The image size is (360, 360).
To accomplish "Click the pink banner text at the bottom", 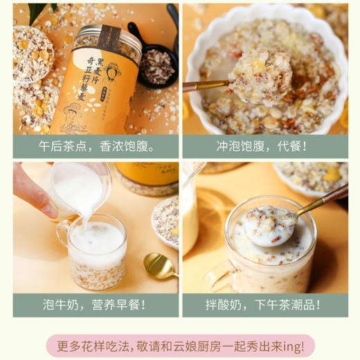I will pos(180,343).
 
